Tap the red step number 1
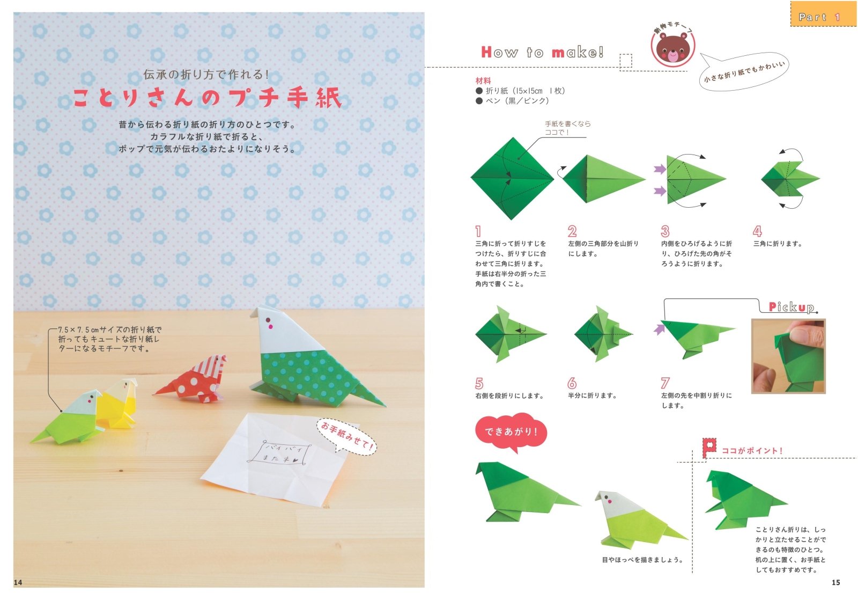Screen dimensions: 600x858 tap(478, 231)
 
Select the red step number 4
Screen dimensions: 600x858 tap(757, 231)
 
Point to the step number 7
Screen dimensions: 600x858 tap(665, 383)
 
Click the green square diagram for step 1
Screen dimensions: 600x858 tap(512, 178)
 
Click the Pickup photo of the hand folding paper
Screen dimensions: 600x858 tap(788, 356)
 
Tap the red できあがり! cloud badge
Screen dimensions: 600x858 tap(511, 431)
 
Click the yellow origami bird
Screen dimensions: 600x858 tap(121, 404)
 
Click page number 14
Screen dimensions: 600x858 tap(18, 582)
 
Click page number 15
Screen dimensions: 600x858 tap(835, 582)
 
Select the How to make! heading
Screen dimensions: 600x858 tap(542, 53)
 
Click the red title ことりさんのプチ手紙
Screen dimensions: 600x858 tap(207, 98)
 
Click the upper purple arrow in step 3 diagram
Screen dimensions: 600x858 tap(660, 170)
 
